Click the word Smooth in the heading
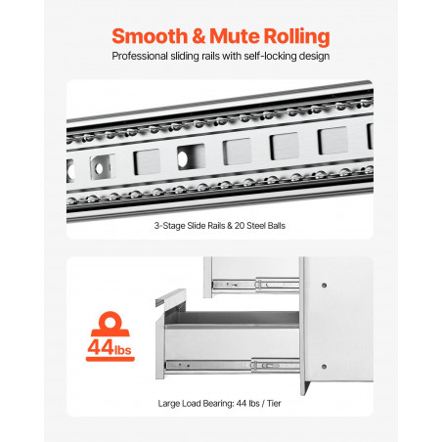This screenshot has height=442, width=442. [x=150, y=36]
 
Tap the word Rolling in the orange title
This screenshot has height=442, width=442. [x=296, y=36]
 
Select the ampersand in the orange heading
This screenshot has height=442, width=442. [x=199, y=36]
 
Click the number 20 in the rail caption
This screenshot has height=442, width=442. [x=240, y=226]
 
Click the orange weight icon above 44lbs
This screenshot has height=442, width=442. [x=110, y=324]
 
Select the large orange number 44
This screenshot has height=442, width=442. [x=101, y=347]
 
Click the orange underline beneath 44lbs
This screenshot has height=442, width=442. [x=110, y=359]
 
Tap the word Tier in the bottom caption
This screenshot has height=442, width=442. [x=274, y=404]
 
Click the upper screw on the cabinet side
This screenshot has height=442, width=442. [x=324, y=286]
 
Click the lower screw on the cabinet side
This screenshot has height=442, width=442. [x=324, y=367]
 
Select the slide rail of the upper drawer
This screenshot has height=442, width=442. [x=255, y=285]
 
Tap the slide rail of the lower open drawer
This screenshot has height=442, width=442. [x=233, y=366]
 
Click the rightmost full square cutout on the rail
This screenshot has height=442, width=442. [x=332, y=140]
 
